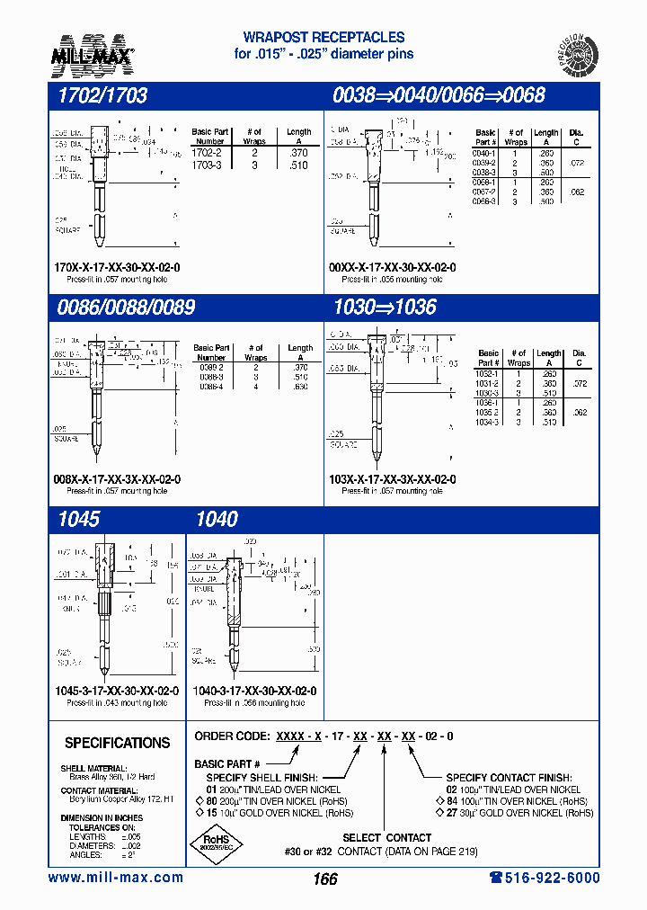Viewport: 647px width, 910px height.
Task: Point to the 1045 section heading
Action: point(77,519)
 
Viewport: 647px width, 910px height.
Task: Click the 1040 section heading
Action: point(217,519)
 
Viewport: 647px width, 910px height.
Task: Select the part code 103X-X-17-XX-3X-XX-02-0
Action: point(392,479)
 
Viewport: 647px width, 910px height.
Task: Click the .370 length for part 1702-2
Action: point(298,154)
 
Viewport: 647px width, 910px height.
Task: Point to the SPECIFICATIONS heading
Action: point(117,744)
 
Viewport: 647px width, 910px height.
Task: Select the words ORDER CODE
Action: point(233,736)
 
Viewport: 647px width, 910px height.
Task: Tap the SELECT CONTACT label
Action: point(386,838)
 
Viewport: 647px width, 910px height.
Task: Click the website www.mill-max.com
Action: point(115,878)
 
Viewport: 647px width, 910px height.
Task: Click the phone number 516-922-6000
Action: point(545,878)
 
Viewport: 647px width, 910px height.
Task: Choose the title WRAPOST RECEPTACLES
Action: point(324,38)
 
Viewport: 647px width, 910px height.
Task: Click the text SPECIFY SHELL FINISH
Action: point(261,777)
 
